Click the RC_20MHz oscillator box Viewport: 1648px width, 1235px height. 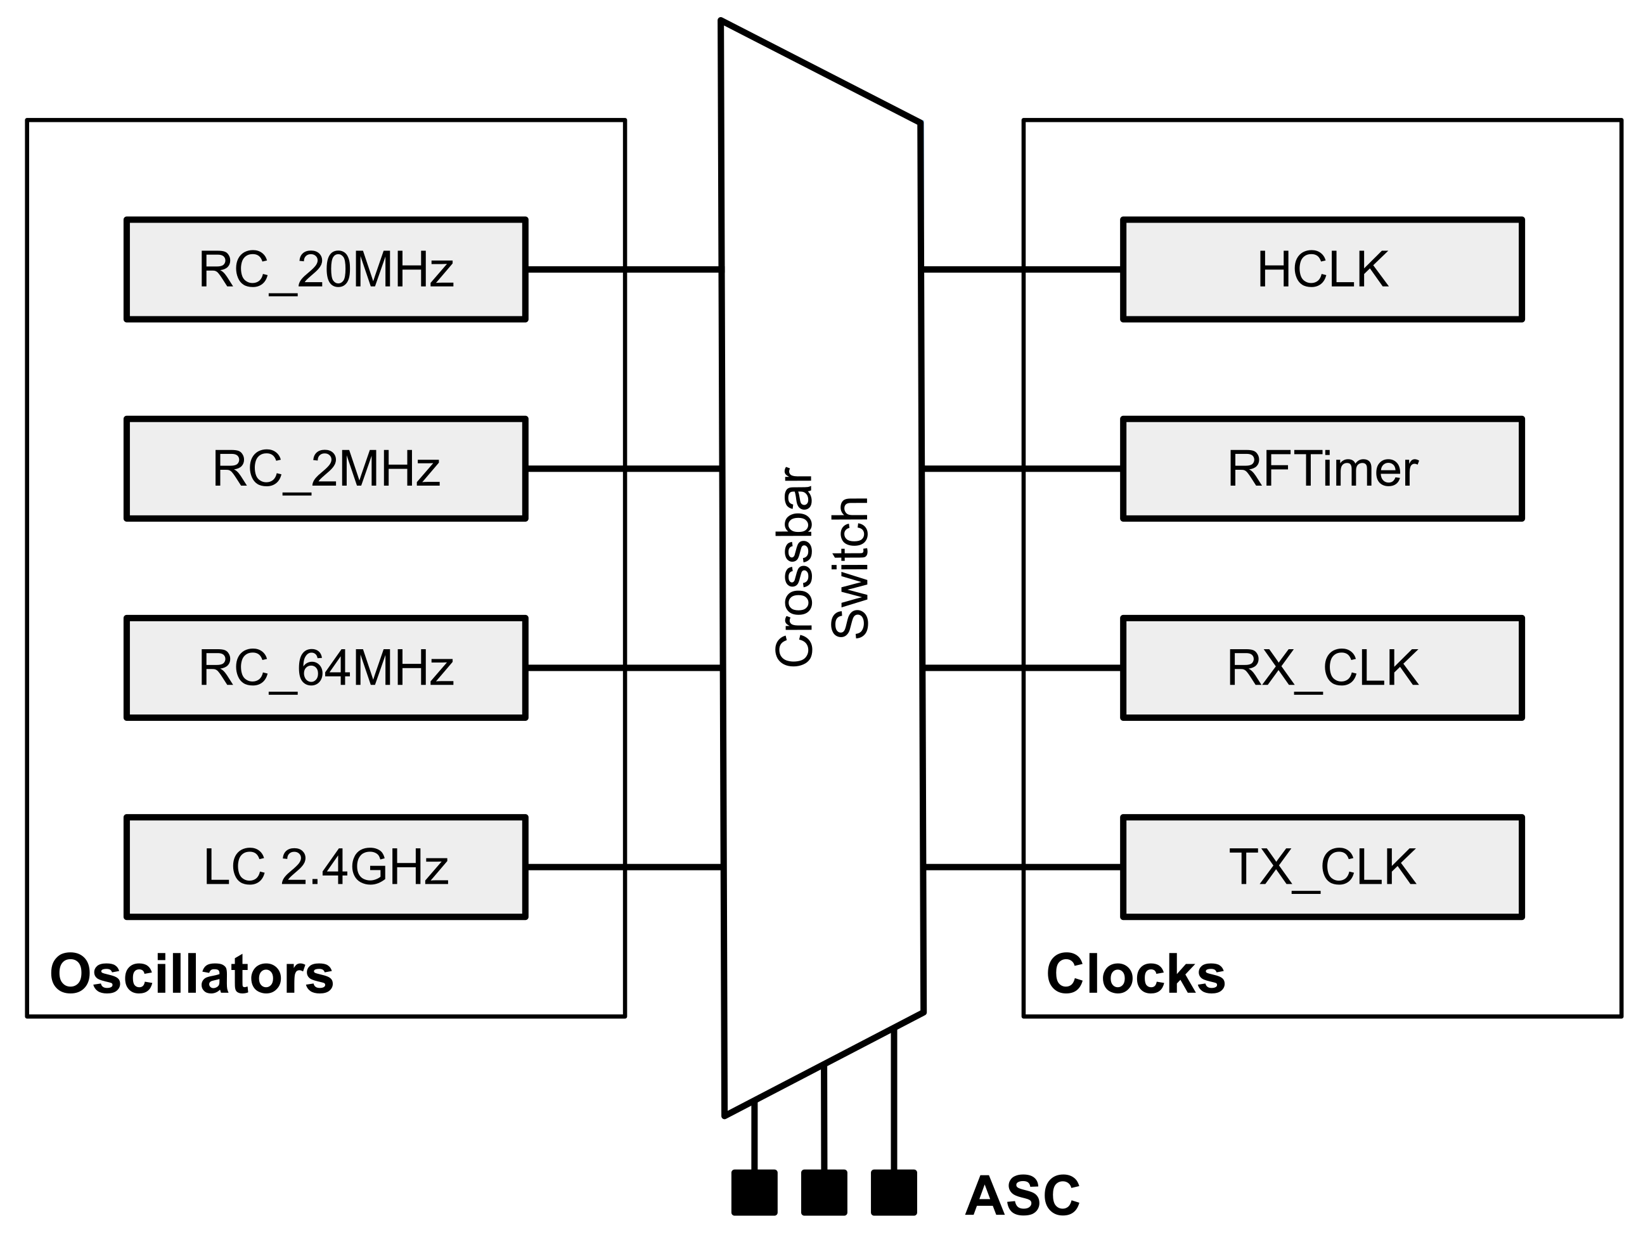tap(326, 269)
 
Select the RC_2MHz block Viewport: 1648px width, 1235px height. tap(326, 469)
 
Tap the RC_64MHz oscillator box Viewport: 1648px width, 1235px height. tap(326, 668)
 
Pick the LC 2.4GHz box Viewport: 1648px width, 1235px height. tap(326, 867)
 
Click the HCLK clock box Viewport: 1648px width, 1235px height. tap(1322, 269)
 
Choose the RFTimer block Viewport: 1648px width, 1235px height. tap(1322, 469)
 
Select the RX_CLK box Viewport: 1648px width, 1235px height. tap(1322, 668)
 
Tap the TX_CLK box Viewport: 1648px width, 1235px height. tap(1322, 867)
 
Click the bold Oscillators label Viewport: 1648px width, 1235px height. tap(191, 974)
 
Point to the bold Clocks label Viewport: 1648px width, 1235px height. tap(1135, 974)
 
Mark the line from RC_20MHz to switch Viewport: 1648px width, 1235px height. tap(623, 269)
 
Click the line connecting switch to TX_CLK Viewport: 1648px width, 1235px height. tap(1022, 867)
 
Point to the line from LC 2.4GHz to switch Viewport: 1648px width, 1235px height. tap(623, 867)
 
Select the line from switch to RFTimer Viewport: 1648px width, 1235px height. tap(1022, 469)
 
